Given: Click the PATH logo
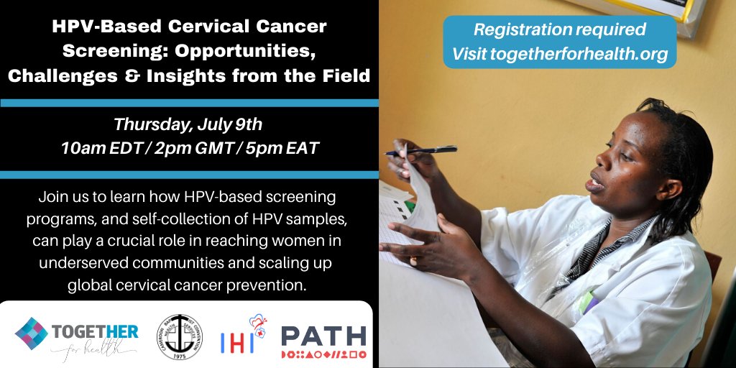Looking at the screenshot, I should pyautogui.click(x=323, y=340).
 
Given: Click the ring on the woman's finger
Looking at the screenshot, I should pyautogui.click(x=413, y=260).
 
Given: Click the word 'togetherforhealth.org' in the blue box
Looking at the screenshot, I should pyautogui.click(x=579, y=54).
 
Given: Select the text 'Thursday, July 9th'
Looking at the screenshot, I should pyautogui.click(x=188, y=124).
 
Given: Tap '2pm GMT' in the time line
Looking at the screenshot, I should pyautogui.click(x=189, y=149).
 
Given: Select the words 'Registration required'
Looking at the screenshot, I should pyautogui.click(x=559, y=30).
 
